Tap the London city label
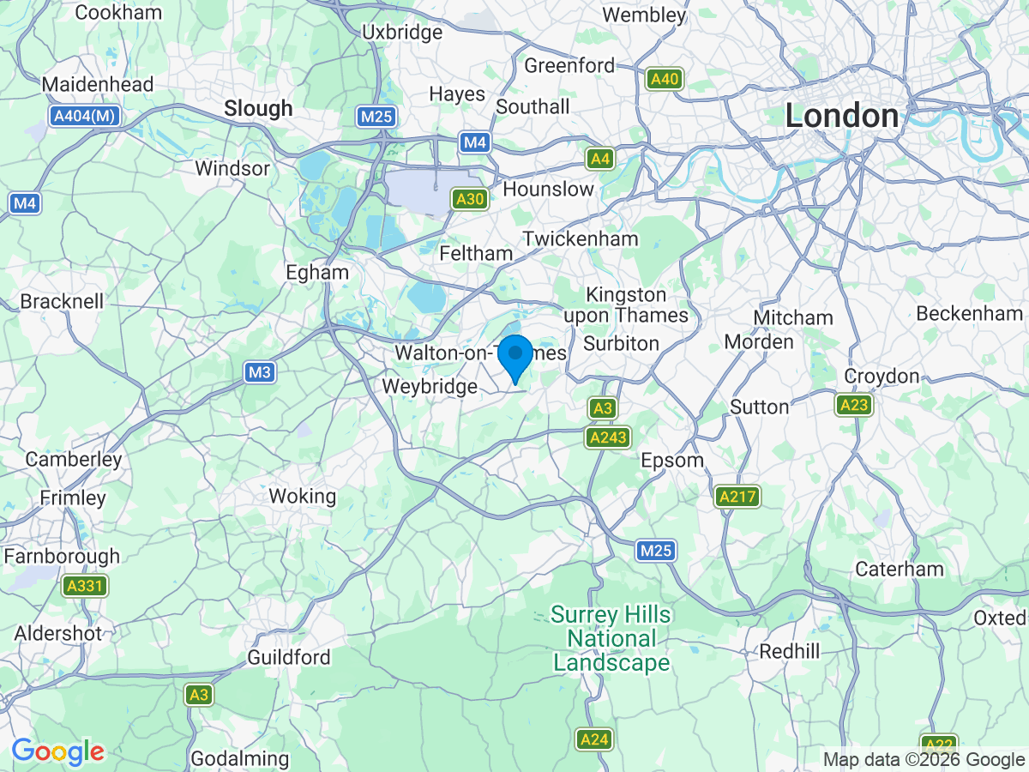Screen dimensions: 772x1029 tap(842, 117)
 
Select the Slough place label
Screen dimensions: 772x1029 tap(258, 109)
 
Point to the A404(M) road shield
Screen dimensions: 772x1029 tap(83, 116)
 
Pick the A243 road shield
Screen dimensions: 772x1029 tap(608, 437)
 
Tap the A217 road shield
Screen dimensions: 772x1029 tap(737, 496)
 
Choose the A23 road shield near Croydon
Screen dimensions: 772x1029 tap(853, 405)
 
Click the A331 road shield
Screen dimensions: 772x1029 tap(85, 587)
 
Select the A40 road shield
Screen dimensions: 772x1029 tap(665, 80)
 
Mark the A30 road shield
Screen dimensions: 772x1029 tap(471, 200)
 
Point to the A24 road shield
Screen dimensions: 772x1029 tap(594, 739)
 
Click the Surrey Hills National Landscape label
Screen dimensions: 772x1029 tap(611, 639)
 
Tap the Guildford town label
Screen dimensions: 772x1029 tap(288, 658)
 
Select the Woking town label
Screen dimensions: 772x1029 tap(302, 496)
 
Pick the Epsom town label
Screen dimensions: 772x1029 tap(672, 461)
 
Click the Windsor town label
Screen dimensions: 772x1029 tap(232, 168)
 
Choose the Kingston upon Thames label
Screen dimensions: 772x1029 tap(625, 305)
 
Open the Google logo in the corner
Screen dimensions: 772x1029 tap(57, 752)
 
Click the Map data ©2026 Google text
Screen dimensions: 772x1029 tap(924, 759)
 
